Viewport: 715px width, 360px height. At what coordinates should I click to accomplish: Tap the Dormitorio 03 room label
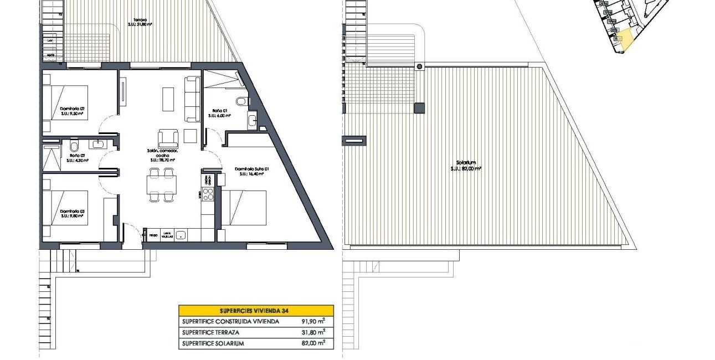(x=71, y=213)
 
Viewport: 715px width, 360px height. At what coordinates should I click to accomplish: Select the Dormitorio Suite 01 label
(x=251, y=171)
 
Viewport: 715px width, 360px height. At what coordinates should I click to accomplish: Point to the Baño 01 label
(x=219, y=113)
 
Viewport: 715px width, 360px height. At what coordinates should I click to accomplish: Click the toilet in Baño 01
(x=241, y=102)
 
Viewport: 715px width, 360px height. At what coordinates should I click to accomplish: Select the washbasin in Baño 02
(x=100, y=145)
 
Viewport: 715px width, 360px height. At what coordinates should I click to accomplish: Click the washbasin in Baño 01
(x=251, y=119)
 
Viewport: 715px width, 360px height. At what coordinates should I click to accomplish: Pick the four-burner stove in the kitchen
(x=209, y=194)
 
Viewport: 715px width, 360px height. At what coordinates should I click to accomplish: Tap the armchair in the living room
(x=168, y=138)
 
